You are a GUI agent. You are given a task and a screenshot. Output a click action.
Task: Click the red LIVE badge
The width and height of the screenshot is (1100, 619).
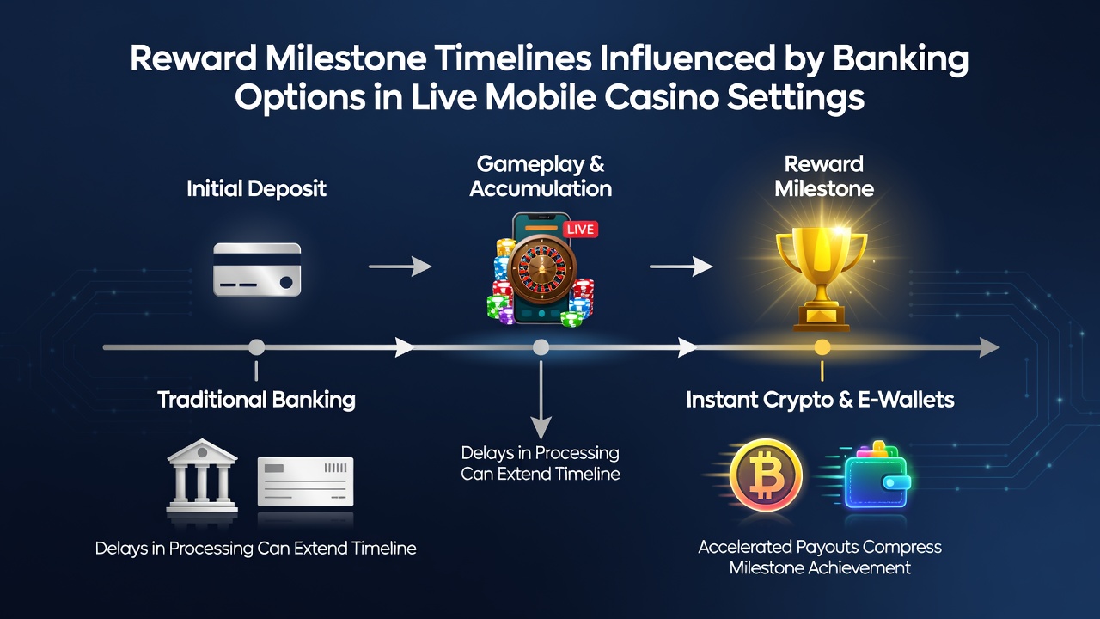580,230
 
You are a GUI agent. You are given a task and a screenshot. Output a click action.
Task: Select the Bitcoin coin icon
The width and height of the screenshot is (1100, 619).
766,475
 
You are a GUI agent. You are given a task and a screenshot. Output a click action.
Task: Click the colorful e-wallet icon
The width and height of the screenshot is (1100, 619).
877,475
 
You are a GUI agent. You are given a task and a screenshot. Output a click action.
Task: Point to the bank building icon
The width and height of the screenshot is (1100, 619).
202,475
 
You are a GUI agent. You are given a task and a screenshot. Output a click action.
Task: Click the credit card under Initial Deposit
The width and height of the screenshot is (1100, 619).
257,269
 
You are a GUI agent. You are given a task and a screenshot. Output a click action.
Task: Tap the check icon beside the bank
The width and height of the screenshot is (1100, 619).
305,481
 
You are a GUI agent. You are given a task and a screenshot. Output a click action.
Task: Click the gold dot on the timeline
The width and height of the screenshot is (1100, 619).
822,347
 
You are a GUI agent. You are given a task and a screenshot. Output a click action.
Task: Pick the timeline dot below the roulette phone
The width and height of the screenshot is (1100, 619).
541,347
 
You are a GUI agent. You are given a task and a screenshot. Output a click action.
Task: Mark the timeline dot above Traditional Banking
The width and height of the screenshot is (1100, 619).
256,347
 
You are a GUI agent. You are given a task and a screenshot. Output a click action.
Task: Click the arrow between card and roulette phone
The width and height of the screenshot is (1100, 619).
400,267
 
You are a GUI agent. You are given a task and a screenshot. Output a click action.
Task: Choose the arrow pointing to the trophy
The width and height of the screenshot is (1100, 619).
681,267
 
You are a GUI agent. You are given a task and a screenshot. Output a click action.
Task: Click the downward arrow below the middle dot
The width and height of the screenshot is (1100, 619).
541,401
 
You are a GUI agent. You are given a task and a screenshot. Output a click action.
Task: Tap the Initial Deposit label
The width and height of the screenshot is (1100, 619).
256,189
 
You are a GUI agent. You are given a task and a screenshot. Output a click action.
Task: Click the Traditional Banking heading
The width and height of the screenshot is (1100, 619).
256,400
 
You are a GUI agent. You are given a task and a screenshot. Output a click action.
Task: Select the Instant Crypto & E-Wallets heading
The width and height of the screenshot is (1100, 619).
820,400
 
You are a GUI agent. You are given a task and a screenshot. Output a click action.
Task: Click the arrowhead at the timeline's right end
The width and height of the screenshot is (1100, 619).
989,347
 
